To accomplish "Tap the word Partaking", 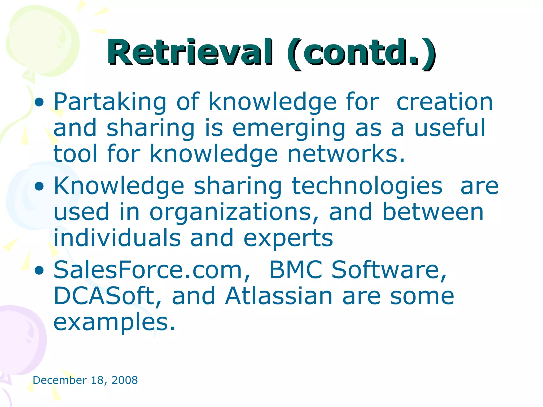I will pyautogui.click(x=110, y=102).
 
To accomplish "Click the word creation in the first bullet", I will pyautogui.click(x=445, y=102).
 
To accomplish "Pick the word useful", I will pyautogui.click(x=450, y=128).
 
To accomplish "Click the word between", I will pyautogui.click(x=433, y=212).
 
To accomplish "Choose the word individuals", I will pyautogui.click(x=117, y=238).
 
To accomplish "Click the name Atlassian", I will pyautogui.click(x=279, y=296).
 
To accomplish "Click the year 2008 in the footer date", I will pyautogui.click(x=125, y=380).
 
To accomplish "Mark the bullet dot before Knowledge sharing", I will pyautogui.click(x=39, y=187).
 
